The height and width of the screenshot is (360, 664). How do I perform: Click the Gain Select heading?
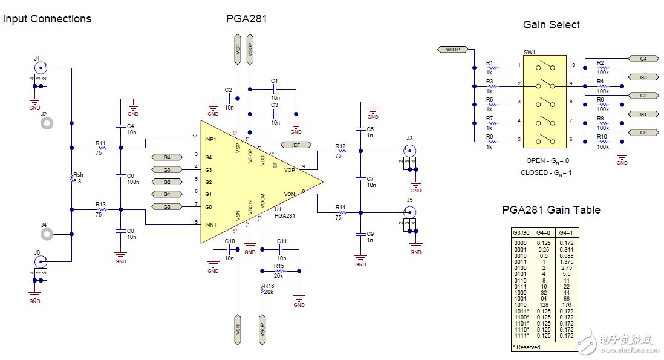point(551,25)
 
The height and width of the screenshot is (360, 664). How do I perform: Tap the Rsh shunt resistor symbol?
point(71,178)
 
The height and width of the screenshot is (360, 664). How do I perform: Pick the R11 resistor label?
point(100,143)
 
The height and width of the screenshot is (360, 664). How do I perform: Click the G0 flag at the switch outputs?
point(643,133)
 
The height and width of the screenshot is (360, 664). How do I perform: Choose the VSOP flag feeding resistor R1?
point(452,49)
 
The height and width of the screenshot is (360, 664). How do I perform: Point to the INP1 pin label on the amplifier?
point(211,140)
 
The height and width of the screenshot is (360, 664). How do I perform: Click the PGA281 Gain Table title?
point(551,210)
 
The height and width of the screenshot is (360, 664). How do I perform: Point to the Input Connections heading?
point(47,19)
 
